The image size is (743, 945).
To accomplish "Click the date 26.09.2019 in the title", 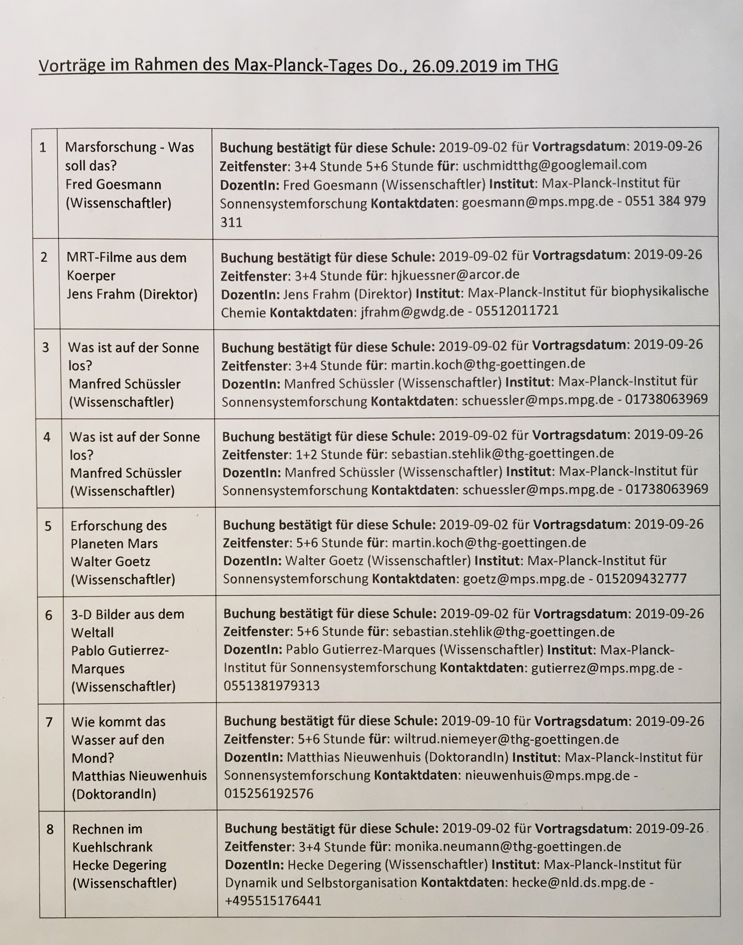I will (x=454, y=66).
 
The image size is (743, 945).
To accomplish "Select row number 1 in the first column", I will (x=43, y=148).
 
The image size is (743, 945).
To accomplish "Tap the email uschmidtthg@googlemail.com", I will (x=554, y=165).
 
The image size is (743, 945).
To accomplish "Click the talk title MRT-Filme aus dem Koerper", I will (x=126, y=266).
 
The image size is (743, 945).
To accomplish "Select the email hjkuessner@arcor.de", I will (x=455, y=275).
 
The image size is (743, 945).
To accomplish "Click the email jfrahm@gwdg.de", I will (x=412, y=312).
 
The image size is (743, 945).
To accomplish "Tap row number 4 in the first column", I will (x=47, y=437).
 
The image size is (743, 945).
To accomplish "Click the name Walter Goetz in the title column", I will (x=110, y=561).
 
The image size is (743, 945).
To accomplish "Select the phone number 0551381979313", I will (x=272, y=686).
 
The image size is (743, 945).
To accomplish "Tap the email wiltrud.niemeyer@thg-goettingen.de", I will (x=506, y=739).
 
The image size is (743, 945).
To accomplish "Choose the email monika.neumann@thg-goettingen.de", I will (x=508, y=847).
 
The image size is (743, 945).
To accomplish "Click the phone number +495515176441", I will (x=273, y=901).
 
